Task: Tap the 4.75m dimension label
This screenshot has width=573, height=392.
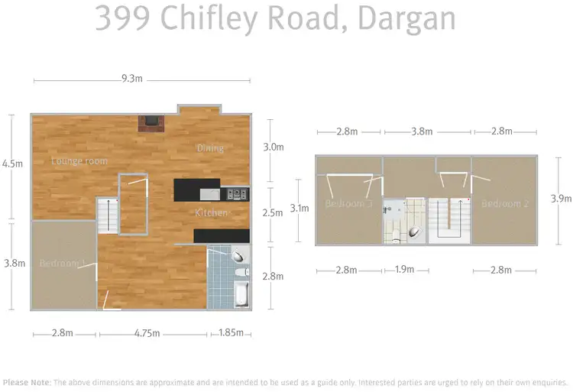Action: pos(152,332)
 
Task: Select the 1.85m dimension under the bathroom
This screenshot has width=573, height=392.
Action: pos(231,332)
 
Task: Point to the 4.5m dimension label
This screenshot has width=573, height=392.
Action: pos(13,164)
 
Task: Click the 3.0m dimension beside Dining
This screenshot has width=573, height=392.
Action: pos(273,147)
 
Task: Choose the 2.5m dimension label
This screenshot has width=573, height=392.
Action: pos(273,213)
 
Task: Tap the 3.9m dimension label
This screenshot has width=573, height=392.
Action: pos(561,199)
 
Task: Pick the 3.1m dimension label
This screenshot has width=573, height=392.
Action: pos(300,208)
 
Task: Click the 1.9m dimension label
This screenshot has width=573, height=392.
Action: pos(404,270)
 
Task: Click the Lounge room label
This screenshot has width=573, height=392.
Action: pos(79,161)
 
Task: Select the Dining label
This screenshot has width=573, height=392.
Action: pos(210,147)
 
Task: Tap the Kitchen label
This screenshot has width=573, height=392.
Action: pos(210,212)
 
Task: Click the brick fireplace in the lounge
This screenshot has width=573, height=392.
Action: pos(151,124)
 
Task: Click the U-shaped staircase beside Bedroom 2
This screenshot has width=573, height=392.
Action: pos(447,220)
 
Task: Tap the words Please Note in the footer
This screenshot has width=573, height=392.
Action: pos(27,382)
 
